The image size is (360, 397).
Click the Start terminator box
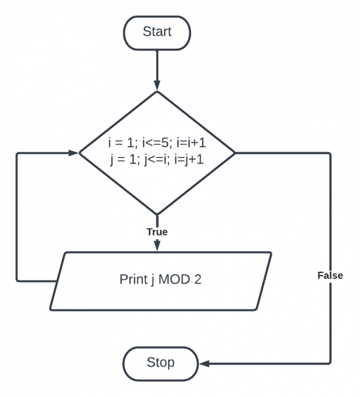coord(157,32)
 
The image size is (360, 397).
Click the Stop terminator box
coord(160,363)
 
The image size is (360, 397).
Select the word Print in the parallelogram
coord(134,279)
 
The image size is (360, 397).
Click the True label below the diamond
coord(157,232)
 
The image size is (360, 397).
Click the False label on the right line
coord(330,275)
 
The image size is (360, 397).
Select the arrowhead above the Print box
coord(157,245)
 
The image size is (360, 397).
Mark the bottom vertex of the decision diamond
coord(157,214)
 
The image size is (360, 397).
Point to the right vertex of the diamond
coord(234,153)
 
